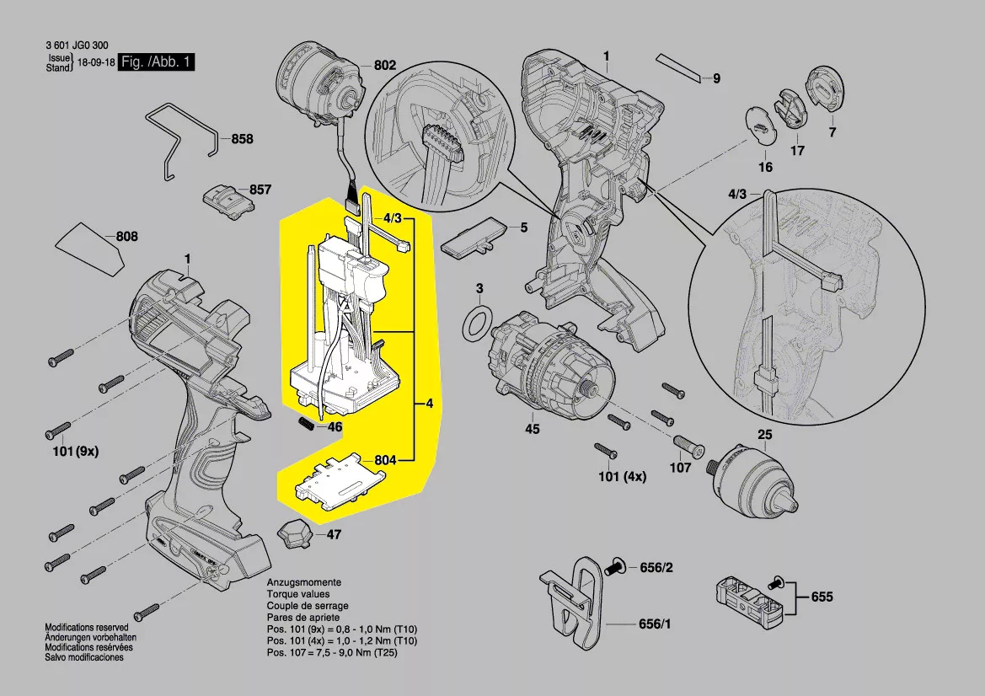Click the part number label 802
point(384,66)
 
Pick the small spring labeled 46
point(308,423)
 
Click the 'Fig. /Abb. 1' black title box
point(158,62)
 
